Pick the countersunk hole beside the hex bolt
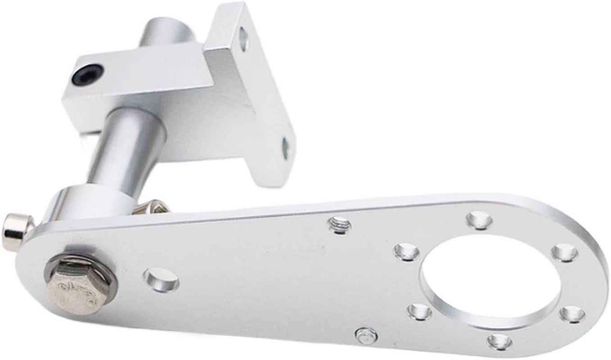[161, 279]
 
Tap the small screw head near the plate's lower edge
[366, 335]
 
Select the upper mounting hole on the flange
[244, 38]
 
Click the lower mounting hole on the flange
[285, 148]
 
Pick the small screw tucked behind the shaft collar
[151, 207]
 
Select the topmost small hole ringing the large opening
[479, 220]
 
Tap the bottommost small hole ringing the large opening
[499, 341]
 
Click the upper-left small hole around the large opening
[407, 251]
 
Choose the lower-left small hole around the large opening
[419, 311]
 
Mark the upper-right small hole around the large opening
[564, 252]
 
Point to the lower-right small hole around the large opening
[572, 314]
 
